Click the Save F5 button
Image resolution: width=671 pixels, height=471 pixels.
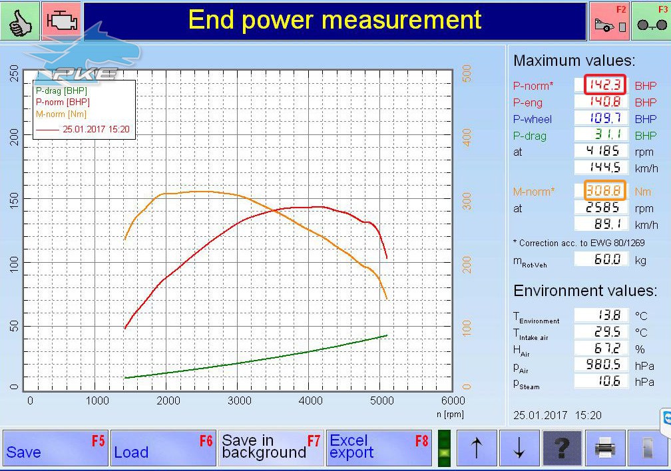(55, 448)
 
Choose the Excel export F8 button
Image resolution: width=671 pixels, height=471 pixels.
(379, 448)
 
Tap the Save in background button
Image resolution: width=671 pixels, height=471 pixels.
(271, 448)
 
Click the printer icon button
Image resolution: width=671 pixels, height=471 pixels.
(605, 448)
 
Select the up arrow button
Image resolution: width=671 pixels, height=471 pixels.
(477, 448)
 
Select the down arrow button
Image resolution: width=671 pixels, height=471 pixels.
(519, 448)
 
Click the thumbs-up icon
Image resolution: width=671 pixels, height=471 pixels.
(20, 21)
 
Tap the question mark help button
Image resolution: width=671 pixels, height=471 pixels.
(562, 448)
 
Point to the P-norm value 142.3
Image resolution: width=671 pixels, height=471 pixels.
(604, 84)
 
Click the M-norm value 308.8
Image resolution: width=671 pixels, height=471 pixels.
(604, 190)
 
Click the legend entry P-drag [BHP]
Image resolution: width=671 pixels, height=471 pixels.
(61, 90)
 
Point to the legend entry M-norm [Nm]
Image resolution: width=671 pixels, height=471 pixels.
(61, 114)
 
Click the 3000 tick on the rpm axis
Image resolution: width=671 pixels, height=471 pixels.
(239, 401)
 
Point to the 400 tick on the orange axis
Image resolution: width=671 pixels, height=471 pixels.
(467, 137)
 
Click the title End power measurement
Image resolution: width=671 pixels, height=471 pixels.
(335, 20)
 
